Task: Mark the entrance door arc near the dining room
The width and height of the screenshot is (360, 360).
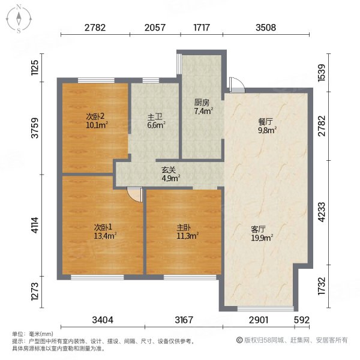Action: (x=236, y=83)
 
